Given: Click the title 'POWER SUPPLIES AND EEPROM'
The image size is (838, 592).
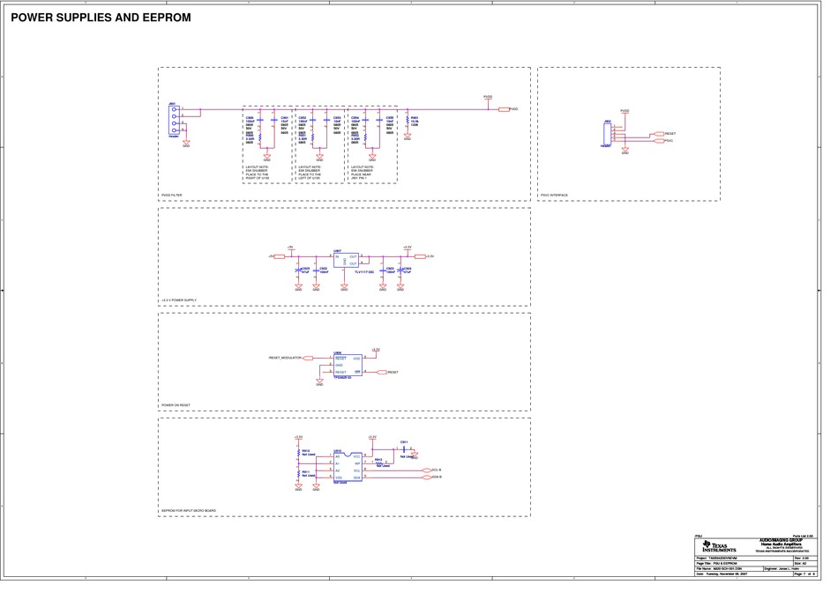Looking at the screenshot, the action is [101, 18].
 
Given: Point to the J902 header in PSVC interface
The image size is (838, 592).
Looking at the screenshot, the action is [608, 134].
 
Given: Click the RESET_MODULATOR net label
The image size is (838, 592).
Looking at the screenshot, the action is [285, 359].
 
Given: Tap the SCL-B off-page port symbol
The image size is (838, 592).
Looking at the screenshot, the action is [430, 470].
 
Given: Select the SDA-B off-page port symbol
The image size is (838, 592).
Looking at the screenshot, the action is [430, 478].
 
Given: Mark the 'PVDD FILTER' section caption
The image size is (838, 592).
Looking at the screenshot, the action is [172, 196].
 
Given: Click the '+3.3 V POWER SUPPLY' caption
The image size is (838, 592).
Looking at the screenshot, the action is [179, 301].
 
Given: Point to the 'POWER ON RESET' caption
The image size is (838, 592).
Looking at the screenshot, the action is [176, 406].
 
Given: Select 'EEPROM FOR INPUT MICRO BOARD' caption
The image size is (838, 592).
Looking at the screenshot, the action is [189, 511].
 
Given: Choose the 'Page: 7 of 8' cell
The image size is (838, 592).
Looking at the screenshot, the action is [805, 573].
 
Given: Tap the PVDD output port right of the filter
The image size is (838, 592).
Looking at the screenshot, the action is [505, 109].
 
